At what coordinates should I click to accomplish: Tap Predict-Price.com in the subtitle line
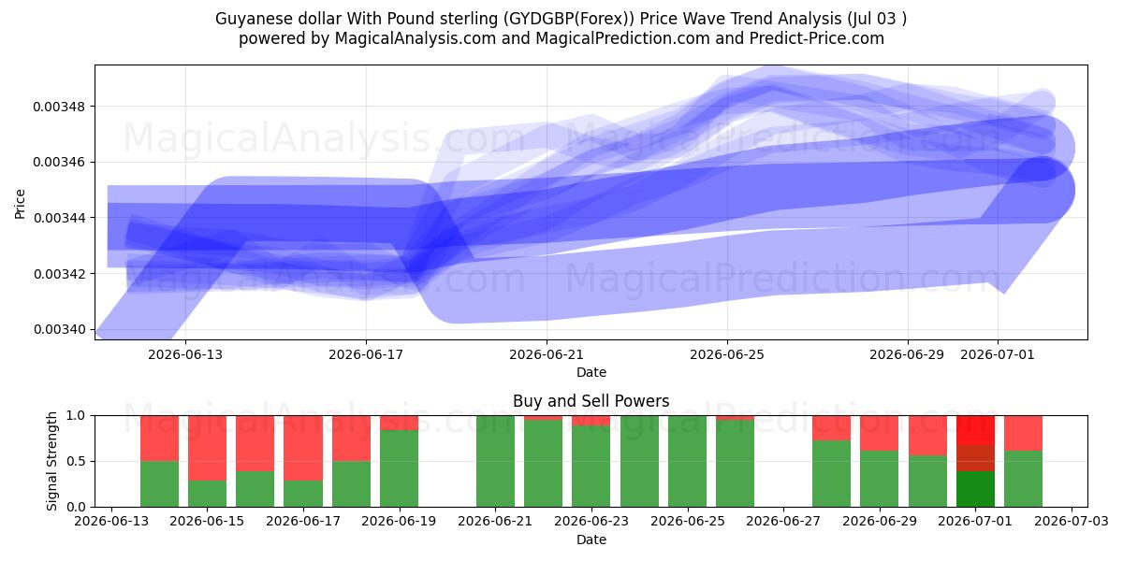point(817,38)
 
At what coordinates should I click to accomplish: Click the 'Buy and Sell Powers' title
point(591,401)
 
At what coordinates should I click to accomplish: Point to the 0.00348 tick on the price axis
point(59,107)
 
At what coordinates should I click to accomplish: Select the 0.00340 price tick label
point(59,329)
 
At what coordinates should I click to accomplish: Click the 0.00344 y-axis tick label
point(59,218)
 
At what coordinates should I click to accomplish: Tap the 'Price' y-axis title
point(20,204)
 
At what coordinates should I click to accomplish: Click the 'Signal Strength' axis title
point(51,461)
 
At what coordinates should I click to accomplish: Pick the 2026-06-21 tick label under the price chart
point(547,354)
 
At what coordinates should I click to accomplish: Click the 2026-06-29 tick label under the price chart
point(907,354)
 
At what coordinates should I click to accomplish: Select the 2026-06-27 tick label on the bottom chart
point(783,521)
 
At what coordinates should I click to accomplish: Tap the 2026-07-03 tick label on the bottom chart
point(1072,521)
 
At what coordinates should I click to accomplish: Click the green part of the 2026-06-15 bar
point(207,494)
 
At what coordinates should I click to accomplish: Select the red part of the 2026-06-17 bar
point(303,448)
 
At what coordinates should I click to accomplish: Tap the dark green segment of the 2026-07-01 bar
point(975,489)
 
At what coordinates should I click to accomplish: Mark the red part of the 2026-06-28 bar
point(831,428)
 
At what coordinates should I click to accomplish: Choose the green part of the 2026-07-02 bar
point(1023,479)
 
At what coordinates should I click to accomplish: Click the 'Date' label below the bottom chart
point(591,539)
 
